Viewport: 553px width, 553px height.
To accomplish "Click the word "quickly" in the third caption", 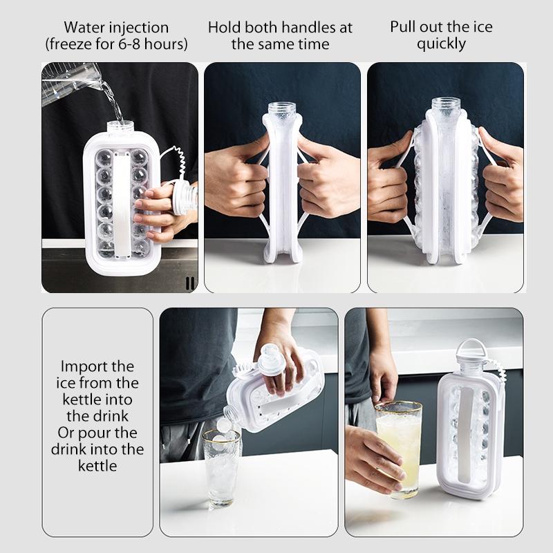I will [442, 44].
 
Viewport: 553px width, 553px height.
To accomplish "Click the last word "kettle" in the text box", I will [97, 465].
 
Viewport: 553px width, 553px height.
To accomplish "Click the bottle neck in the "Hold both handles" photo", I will [282, 111].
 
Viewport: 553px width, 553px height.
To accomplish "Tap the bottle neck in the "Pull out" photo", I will [446, 107].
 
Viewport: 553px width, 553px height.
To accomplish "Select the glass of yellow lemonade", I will [399, 446].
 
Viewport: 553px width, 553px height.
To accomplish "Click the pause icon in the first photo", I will [189, 282].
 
